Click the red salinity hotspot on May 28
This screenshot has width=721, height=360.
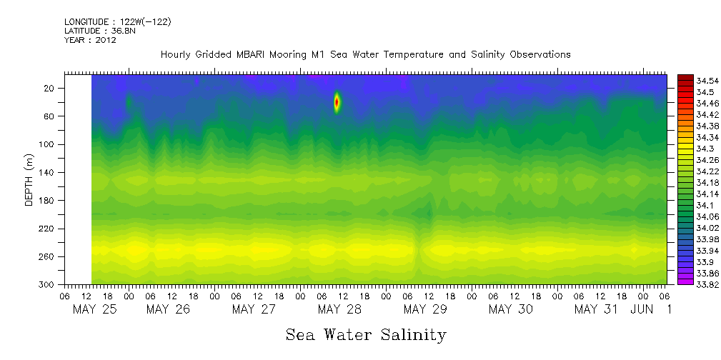(337, 102)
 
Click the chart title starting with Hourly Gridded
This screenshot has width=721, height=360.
(365, 55)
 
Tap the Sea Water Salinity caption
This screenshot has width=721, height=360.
(366, 334)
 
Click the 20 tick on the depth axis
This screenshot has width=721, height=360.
(50, 88)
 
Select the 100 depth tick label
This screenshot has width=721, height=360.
(48, 144)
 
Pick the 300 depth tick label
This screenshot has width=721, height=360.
(48, 284)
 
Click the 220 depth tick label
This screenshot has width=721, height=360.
(48, 229)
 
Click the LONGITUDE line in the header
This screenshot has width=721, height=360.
(117, 22)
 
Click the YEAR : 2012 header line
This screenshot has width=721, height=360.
(90, 40)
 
